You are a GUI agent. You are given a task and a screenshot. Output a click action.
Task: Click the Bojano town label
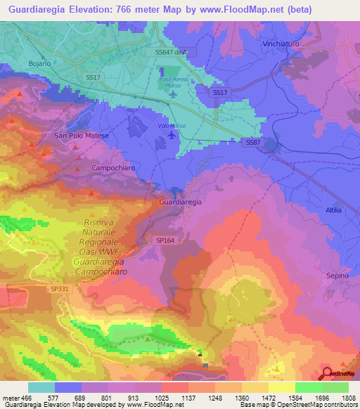39,63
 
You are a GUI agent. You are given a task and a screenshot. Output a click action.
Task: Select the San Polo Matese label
79,135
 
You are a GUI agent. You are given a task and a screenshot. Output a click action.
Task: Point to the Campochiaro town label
112,168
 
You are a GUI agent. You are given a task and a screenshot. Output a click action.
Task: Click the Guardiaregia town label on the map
181,202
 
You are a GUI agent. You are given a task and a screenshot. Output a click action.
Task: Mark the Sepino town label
337,275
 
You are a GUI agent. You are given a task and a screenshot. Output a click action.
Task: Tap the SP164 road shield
163,240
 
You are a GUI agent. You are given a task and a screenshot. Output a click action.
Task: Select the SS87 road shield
254,142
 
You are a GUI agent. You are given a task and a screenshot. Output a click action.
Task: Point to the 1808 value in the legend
349,397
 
